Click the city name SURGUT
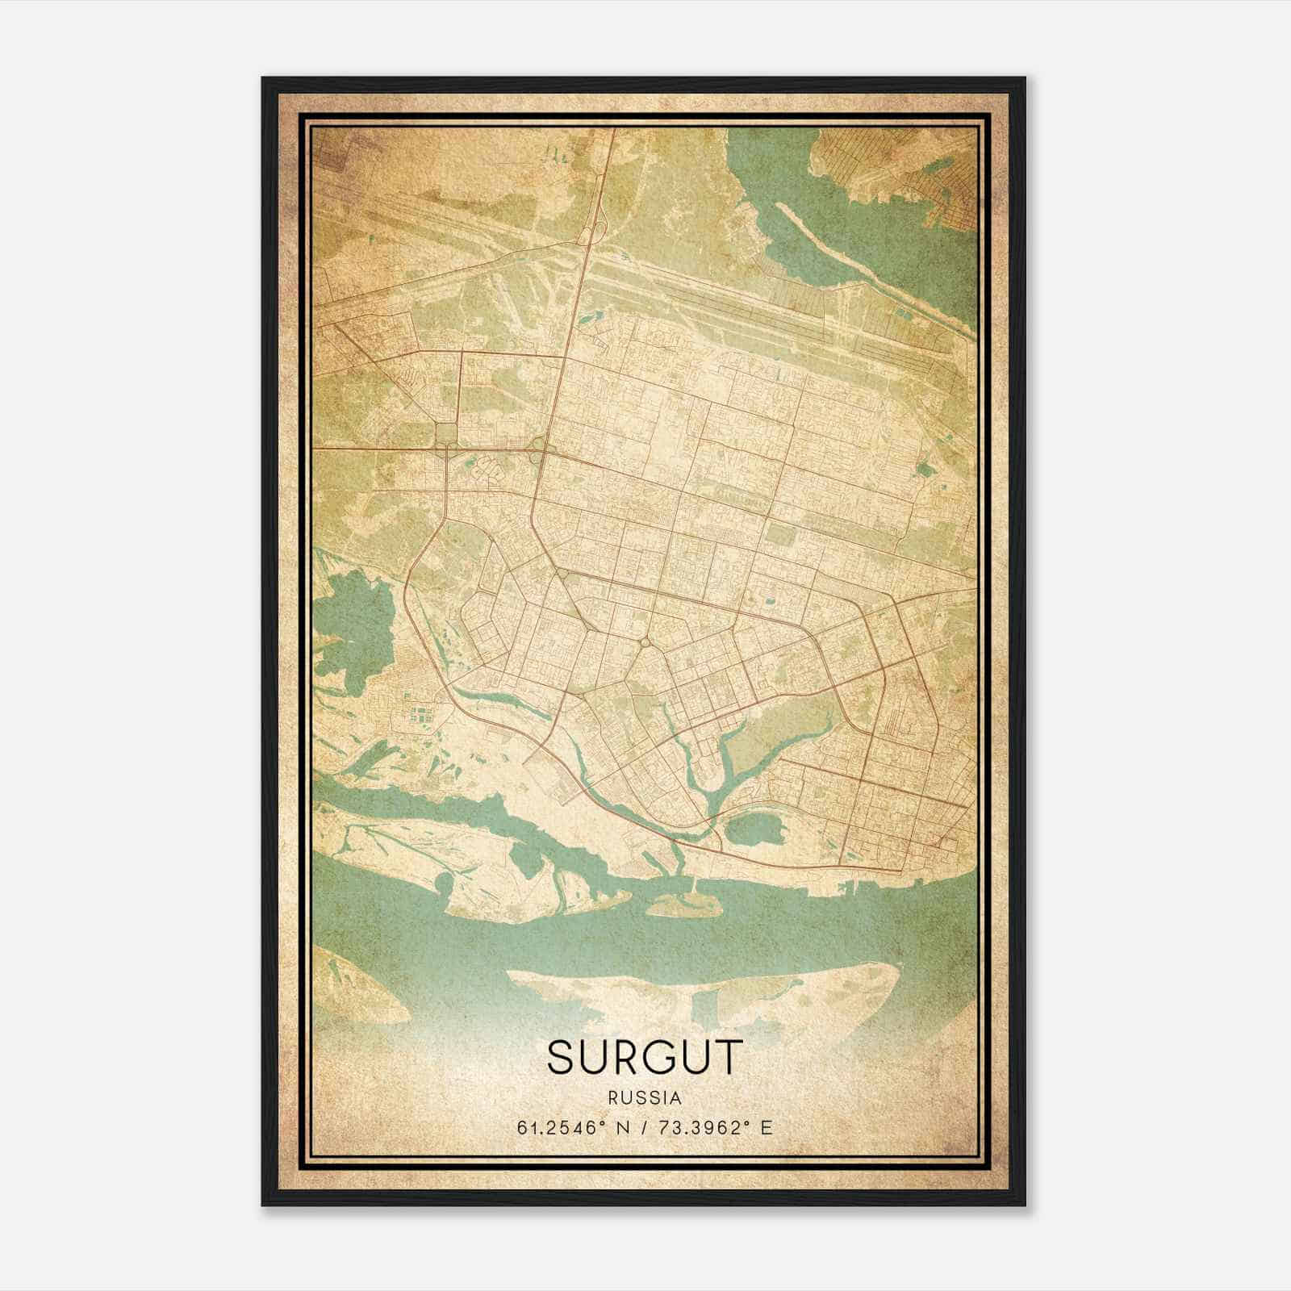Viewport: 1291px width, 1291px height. (644, 1057)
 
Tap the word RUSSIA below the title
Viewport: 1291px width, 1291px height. (645, 1098)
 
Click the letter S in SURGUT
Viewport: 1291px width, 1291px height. (562, 1057)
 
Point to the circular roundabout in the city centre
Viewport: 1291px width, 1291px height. (645, 642)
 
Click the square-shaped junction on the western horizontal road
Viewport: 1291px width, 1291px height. (445, 435)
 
